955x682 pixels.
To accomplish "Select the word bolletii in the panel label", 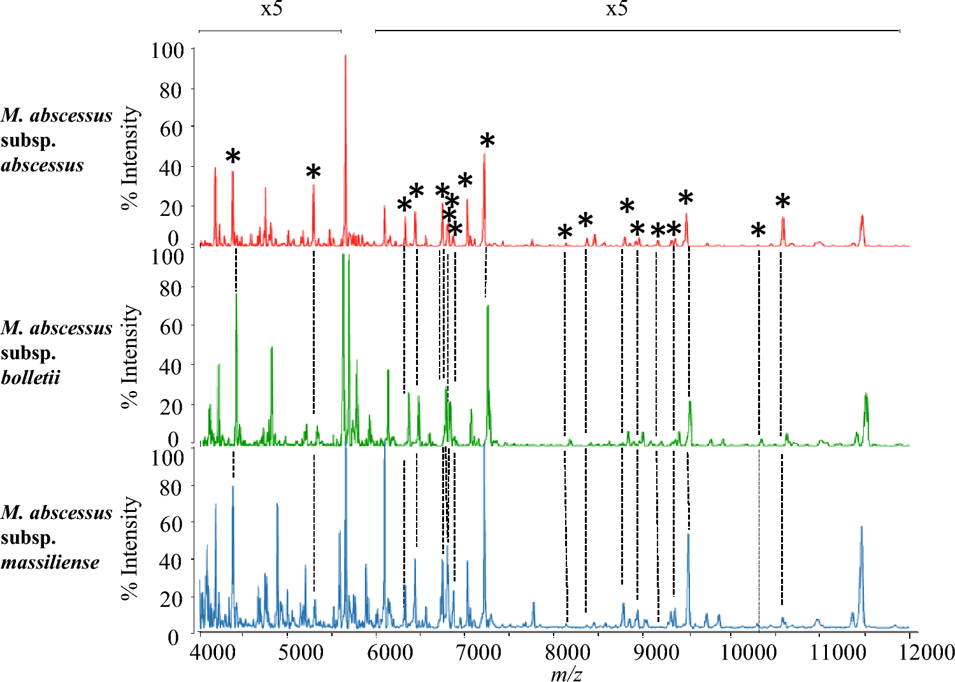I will point(31,378).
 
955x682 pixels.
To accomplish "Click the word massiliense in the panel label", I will point(50,562).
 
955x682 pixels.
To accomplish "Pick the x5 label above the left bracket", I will point(271,10).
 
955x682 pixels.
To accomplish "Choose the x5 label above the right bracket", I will point(616,10).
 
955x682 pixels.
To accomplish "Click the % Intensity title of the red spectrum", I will point(131,158).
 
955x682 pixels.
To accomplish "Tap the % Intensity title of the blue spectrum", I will point(131,548).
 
